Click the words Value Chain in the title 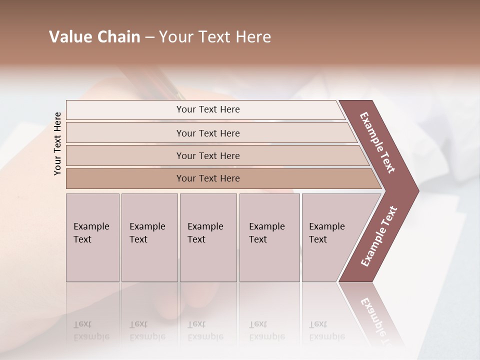(x=94, y=37)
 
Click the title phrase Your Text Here (x=215, y=37)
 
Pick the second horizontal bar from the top (x=208, y=133)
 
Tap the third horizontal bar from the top (x=208, y=155)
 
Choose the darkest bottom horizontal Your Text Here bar (x=208, y=178)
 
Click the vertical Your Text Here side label (x=57, y=143)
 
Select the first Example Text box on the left (x=92, y=237)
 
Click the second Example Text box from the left (x=149, y=237)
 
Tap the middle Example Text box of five (x=208, y=237)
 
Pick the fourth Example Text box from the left (x=269, y=237)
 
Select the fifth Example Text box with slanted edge (x=330, y=237)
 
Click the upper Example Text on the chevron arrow (x=378, y=142)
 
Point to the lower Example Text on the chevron (x=379, y=236)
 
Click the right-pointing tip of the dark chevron (x=416, y=190)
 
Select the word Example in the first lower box (x=91, y=226)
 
